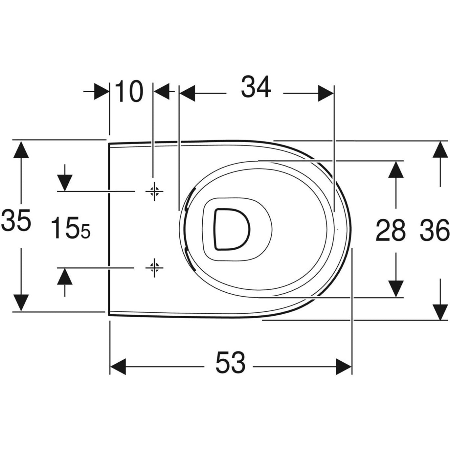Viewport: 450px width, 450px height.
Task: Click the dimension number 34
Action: point(256,87)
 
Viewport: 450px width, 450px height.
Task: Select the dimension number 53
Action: point(230,363)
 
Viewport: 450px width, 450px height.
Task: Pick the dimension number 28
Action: point(391,230)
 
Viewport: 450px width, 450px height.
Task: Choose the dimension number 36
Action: point(434,230)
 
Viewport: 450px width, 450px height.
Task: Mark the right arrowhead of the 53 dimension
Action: point(344,367)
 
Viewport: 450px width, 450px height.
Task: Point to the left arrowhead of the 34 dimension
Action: point(188,94)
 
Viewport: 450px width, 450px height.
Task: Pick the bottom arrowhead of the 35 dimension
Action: point(21,303)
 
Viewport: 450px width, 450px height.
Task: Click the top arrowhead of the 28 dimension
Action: point(396,170)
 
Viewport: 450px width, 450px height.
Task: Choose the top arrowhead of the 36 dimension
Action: point(440,149)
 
